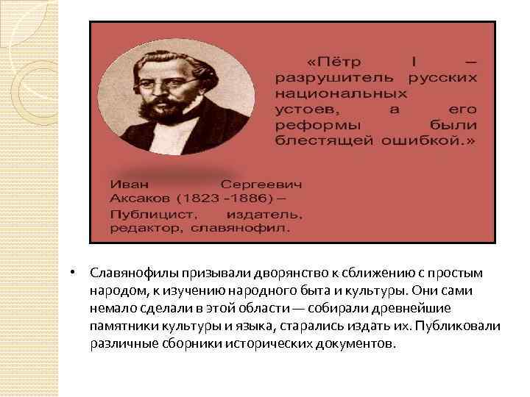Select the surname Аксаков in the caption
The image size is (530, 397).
[x=139, y=198]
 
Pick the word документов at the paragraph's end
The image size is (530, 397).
[x=356, y=343]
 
